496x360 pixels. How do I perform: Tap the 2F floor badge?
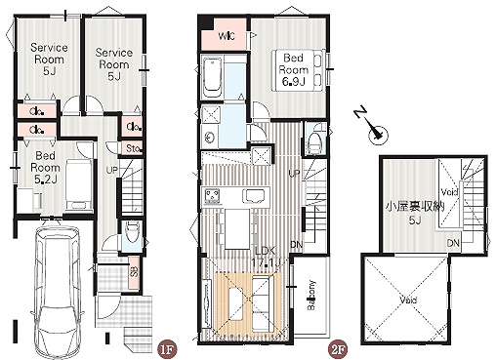[337, 346]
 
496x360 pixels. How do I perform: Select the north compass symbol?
[373, 129]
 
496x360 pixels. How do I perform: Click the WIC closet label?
[224, 37]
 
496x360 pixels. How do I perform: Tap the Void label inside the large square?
[406, 301]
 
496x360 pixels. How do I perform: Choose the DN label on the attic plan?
[453, 242]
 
